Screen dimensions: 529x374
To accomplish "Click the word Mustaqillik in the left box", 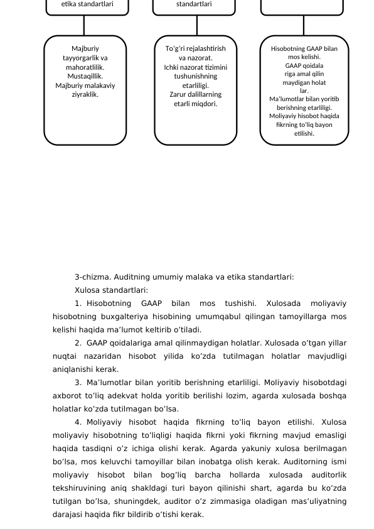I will (85, 76).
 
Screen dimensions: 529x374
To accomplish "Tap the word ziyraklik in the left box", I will (85, 95).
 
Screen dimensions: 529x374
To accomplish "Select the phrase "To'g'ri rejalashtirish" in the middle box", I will (196, 48).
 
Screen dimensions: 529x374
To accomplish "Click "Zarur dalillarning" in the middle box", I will (196, 95).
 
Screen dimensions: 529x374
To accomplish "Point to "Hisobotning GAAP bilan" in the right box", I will (304, 48).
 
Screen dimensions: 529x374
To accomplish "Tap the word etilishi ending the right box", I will (304, 133).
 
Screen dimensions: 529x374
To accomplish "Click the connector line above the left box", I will (84, 25).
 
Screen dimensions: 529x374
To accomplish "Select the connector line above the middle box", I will (197, 25).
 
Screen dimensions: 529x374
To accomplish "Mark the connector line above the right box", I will (304, 25).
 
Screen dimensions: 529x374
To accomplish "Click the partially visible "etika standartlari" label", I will (87, 4).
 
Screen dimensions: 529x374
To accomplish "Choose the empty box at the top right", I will (302, 6).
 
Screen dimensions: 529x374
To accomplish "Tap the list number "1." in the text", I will (78, 303).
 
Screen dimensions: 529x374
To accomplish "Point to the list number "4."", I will (78, 422).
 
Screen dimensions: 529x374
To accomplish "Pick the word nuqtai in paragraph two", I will (64, 356).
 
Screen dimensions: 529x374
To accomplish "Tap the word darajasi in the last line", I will (67, 515).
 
